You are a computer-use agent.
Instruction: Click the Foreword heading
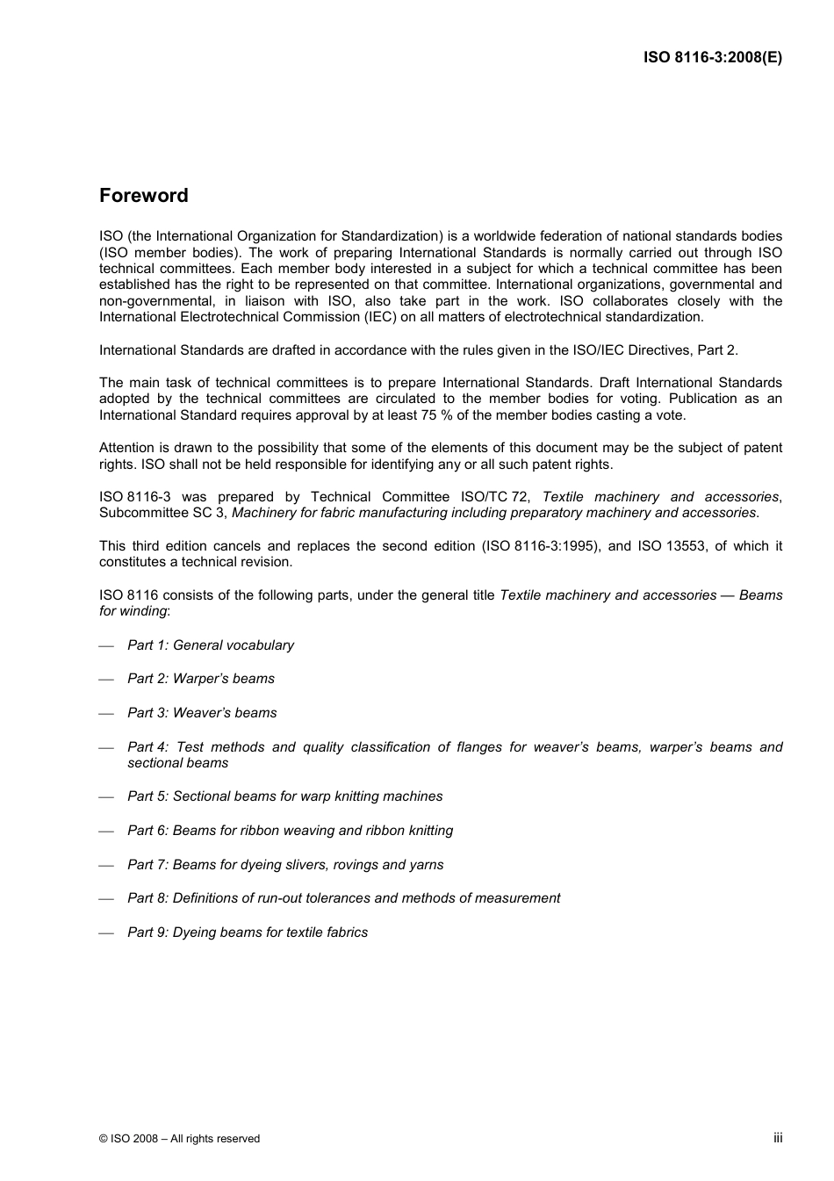click(143, 196)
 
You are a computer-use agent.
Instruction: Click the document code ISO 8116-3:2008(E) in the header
click(712, 58)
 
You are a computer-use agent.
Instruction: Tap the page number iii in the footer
click(778, 1137)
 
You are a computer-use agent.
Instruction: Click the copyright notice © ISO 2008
click(179, 1139)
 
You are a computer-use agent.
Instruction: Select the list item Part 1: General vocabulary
click(211, 645)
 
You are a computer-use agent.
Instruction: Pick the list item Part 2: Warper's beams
click(201, 679)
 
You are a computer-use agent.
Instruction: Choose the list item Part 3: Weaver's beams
click(202, 713)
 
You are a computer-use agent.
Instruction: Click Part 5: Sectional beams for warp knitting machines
click(284, 796)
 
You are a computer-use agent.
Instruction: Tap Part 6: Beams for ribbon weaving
click(290, 831)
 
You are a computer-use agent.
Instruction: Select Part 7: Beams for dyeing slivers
click(285, 865)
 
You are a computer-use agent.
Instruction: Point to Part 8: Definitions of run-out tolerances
click(343, 898)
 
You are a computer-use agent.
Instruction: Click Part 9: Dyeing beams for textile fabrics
click(248, 933)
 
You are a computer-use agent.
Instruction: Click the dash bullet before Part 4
click(107, 748)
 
